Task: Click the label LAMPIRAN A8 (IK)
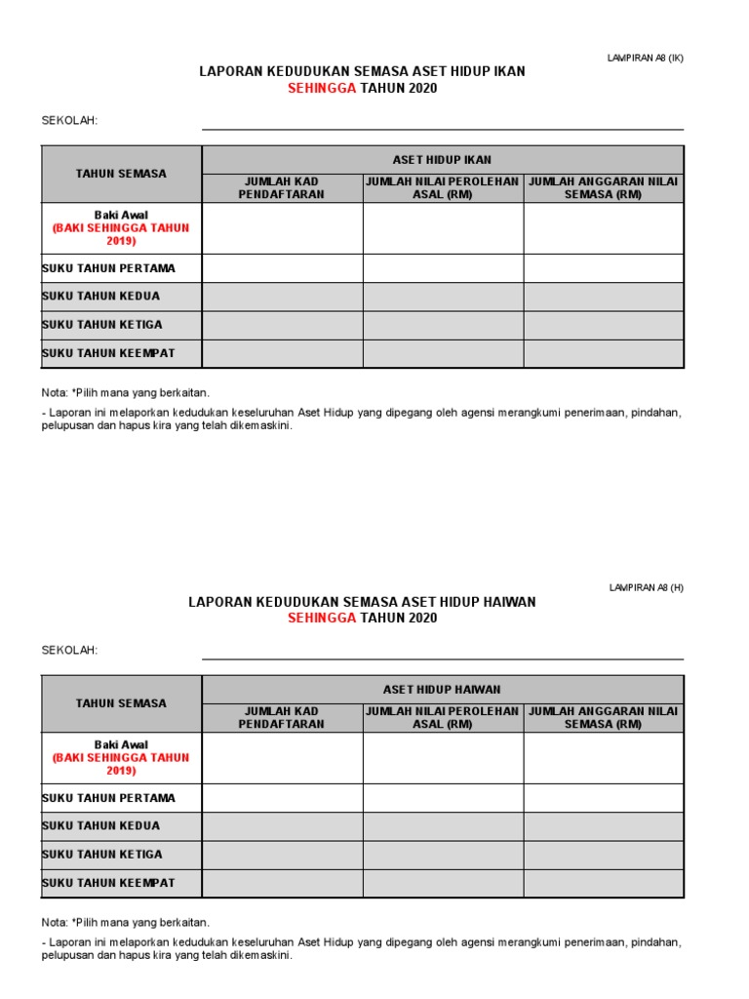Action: click(646, 58)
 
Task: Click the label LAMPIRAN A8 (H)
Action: click(647, 587)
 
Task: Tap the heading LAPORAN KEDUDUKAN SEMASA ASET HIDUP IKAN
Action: click(362, 72)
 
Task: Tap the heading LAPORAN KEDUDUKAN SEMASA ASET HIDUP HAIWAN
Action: click(362, 602)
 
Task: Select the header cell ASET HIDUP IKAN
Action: click(442, 160)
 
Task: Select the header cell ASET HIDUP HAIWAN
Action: click(442, 690)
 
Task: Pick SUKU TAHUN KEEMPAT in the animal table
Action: click(109, 883)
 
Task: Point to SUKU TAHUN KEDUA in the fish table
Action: click(101, 297)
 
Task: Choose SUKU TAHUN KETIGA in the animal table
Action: click(102, 855)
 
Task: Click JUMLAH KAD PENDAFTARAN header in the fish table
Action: click(282, 188)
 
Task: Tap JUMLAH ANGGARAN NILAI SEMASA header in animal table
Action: click(603, 718)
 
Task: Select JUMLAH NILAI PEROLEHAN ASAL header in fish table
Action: click(442, 188)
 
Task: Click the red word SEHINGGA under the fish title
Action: click(322, 89)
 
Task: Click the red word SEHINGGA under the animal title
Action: click(322, 619)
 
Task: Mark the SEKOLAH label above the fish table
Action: click(69, 121)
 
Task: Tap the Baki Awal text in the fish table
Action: click(121, 215)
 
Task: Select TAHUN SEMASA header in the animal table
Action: click(121, 703)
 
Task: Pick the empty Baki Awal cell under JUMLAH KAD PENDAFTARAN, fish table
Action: click(282, 228)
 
